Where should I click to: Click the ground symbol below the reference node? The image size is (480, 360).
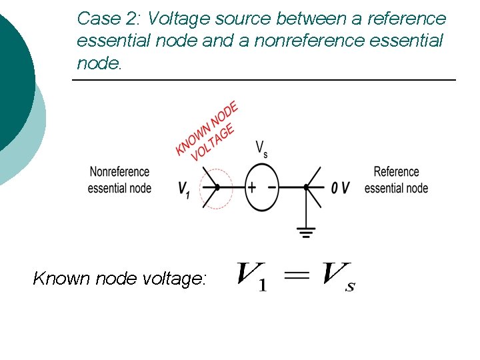[x=306, y=233]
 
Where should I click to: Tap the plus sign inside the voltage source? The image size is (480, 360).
[x=252, y=187]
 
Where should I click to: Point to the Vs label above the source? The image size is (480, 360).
[x=262, y=149]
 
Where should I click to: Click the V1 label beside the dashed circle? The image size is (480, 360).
[x=184, y=189]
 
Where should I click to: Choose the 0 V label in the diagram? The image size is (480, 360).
[x=340, y=188]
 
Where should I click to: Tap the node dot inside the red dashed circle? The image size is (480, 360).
[x=217, y=187]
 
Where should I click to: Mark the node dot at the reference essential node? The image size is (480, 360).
[x=306, y=187]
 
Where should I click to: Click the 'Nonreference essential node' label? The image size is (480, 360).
[x=119, y=180]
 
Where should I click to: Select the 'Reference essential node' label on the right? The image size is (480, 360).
[x=396, y=180]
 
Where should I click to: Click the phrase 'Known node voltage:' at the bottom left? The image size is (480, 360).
[x=120, y=278]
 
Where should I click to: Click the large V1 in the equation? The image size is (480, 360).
[x=253, y=276]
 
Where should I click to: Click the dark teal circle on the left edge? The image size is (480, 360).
[x=13, y=73]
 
